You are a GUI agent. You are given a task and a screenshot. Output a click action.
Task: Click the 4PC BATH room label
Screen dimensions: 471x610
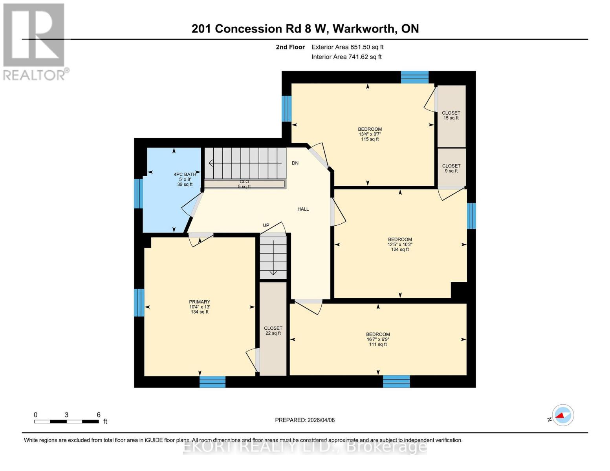(185, 175)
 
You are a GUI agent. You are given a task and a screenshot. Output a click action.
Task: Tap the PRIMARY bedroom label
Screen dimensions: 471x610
(200, 302)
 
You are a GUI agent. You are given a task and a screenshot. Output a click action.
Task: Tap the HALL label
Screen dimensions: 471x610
(303, 209)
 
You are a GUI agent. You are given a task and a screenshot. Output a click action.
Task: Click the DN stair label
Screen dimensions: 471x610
(295, 163)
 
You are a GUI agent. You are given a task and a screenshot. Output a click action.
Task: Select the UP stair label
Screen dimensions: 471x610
(266, 225)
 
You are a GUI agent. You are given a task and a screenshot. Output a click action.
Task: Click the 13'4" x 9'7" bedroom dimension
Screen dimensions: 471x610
(370, 134)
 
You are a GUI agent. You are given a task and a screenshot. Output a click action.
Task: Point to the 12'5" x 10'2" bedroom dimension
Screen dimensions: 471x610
(400, 245)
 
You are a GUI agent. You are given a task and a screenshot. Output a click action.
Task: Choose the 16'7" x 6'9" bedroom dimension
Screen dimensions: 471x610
(378, 340)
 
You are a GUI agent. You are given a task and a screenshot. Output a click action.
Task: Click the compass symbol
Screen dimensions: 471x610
(562, 415)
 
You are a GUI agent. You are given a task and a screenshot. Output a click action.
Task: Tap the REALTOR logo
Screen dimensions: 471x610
(35, 41)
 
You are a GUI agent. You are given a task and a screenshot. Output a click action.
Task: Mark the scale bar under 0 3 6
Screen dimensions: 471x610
(66, 422)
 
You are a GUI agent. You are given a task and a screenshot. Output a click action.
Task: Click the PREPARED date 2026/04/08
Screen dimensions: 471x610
(305, 420)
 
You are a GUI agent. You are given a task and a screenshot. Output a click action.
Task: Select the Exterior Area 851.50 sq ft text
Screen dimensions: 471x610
(347, 47)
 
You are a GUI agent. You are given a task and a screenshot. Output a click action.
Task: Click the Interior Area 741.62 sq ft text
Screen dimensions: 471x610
(346, 57)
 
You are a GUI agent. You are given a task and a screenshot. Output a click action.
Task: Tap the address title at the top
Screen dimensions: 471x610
(305, 29)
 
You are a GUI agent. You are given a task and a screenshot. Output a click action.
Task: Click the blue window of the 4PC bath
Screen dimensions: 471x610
(138, 194)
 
